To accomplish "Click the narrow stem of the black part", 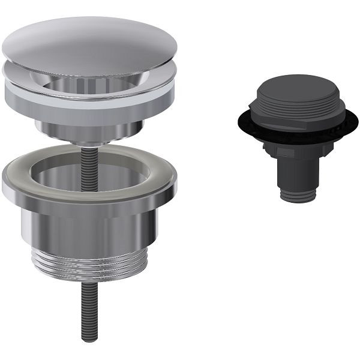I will pyautogui.click(x=298, y=174).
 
